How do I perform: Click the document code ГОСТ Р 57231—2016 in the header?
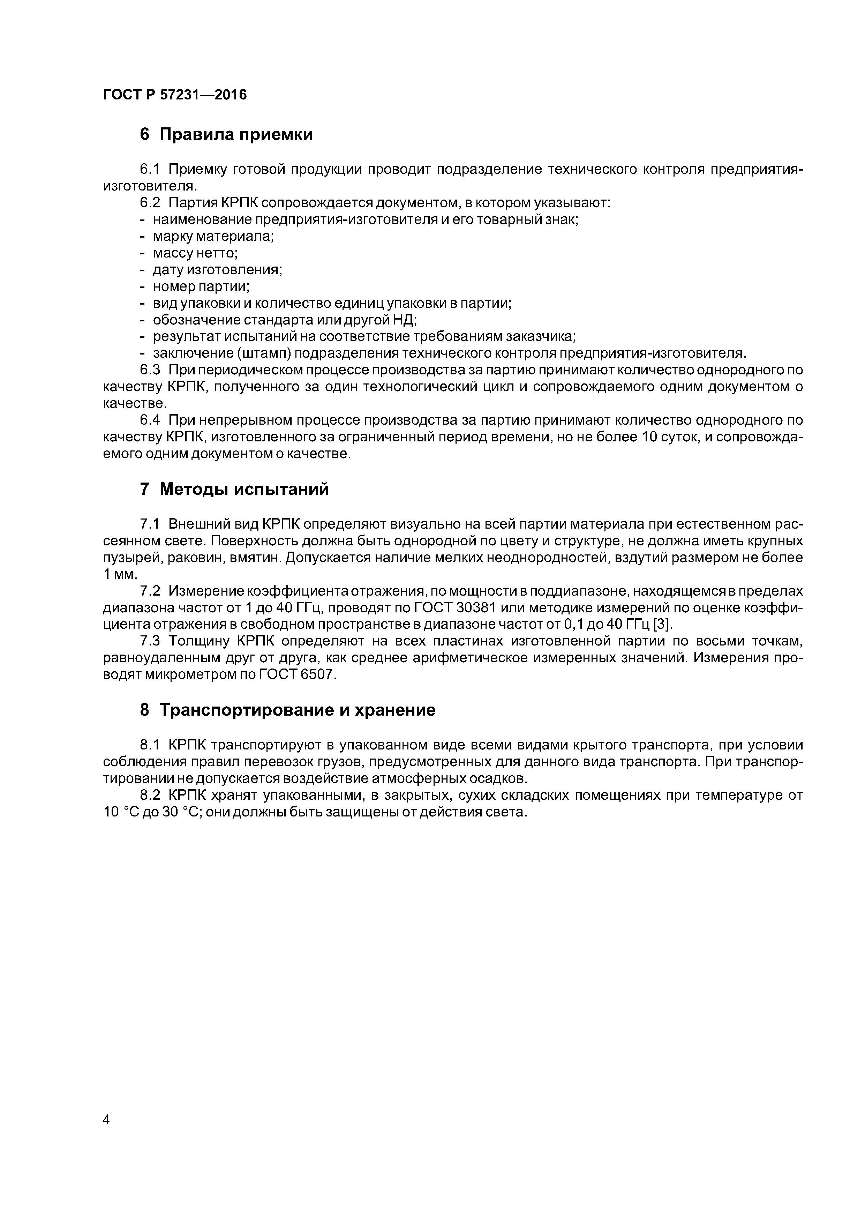(x=175, y=95)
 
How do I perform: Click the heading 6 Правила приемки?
(x=226, y=134)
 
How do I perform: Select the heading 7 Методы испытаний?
(x=234, y=489)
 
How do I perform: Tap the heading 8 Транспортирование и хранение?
(x=287, y=710)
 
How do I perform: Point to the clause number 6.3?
(x=150, y=370)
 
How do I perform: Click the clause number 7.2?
(x=150, y=591)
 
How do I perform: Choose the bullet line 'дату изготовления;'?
(x=217, y=270)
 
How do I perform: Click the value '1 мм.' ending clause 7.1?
(x=120, y=575)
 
